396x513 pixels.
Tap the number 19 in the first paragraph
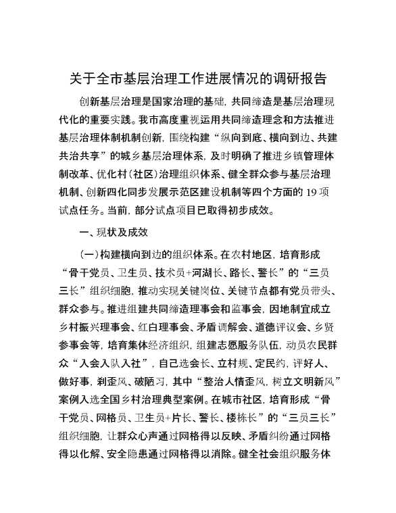306,191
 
